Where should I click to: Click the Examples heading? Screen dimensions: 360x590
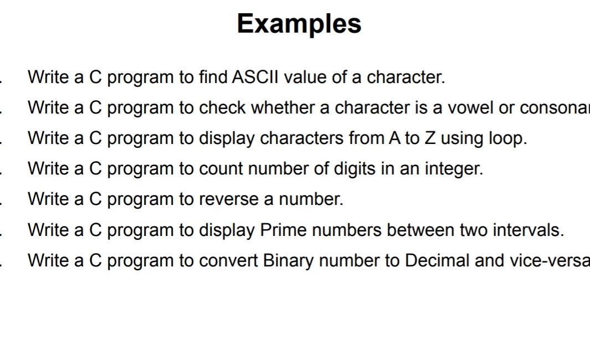pyautogui.click(x=299, y=24)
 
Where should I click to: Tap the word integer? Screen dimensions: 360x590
pyautogui.click(x=454, y=169)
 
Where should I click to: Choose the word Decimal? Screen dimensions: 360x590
pyautogui.click(x=437, y=260)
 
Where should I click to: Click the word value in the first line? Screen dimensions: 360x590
pyautogui.click(x=305, y=77)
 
